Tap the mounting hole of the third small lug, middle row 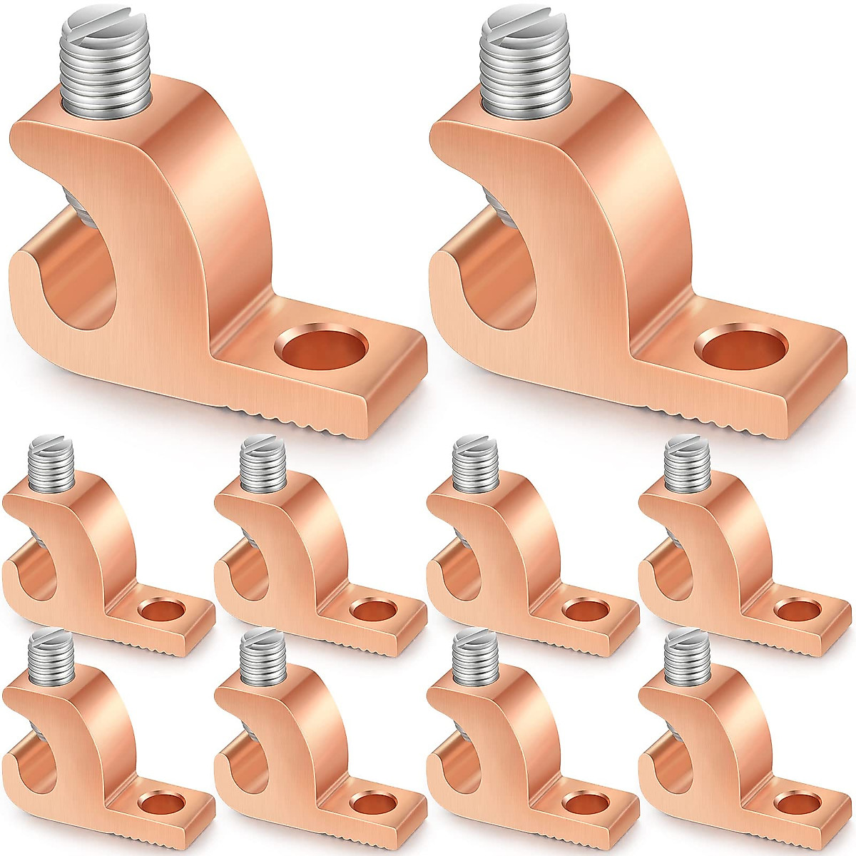584,609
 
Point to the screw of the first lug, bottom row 51,656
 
